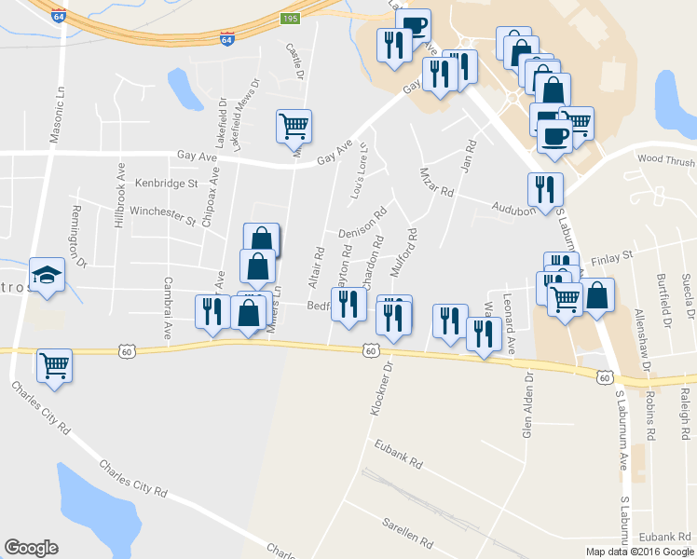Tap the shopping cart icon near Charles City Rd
(x=55, y=366)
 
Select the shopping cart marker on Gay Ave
(x=294, y=126)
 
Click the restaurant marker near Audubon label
(x=545, y=189)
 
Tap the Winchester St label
(x=162, y=216)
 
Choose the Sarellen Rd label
(x=408, y=533)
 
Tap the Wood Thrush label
(x=666, y=160)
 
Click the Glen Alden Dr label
(x=527, y=404)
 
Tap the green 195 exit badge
(x=291, y=19)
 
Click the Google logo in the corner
(x=31, y=548)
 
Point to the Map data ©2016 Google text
(x=639, y=552)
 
